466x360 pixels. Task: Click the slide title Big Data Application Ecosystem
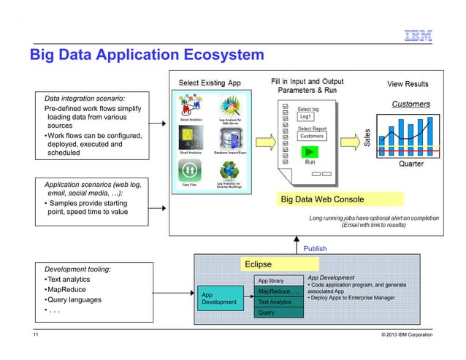[145, 55]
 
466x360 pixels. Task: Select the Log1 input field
[305, 117]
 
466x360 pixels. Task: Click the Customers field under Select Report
[313, 137]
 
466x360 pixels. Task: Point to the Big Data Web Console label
[323, 199]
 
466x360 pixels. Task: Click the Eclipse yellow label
[258, 264]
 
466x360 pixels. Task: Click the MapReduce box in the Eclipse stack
[277, 291]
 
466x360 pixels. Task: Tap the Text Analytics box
[275, 302]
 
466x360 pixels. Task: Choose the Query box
[267, 312]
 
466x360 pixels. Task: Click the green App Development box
[219, 299]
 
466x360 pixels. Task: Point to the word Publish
[315, 248]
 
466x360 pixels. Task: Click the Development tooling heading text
[78, 269]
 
